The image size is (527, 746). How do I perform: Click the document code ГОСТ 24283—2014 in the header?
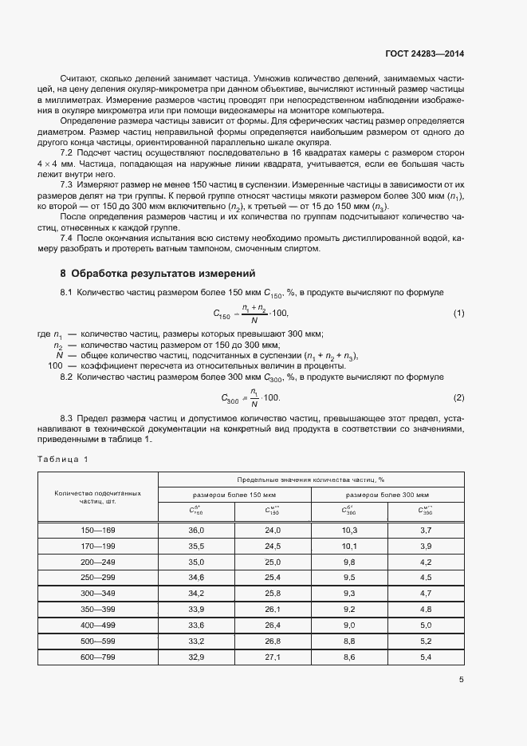click(x=425, y=53)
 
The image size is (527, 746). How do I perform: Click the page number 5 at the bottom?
click(x=461, y=680)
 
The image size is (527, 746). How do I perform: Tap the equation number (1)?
click(x=458, y=313)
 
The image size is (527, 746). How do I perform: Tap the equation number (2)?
click(x=458, y=397)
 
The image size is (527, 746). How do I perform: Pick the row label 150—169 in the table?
click(x=98, y=530)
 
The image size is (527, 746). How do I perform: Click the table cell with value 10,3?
click(x=348, y=530)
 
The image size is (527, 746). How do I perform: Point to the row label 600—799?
click(x=98, y=656)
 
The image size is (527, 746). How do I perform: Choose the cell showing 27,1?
click(x=273, y=656)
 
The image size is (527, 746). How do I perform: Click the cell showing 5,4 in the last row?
click(x=425, y=656)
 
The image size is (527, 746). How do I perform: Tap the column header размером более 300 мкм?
click(x=387, y=495)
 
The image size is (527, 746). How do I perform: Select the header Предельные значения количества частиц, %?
click(x=311, y=479)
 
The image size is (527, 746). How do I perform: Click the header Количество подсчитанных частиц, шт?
click(x=98, y=498)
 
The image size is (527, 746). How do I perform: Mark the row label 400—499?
click(x=98, y=625)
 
